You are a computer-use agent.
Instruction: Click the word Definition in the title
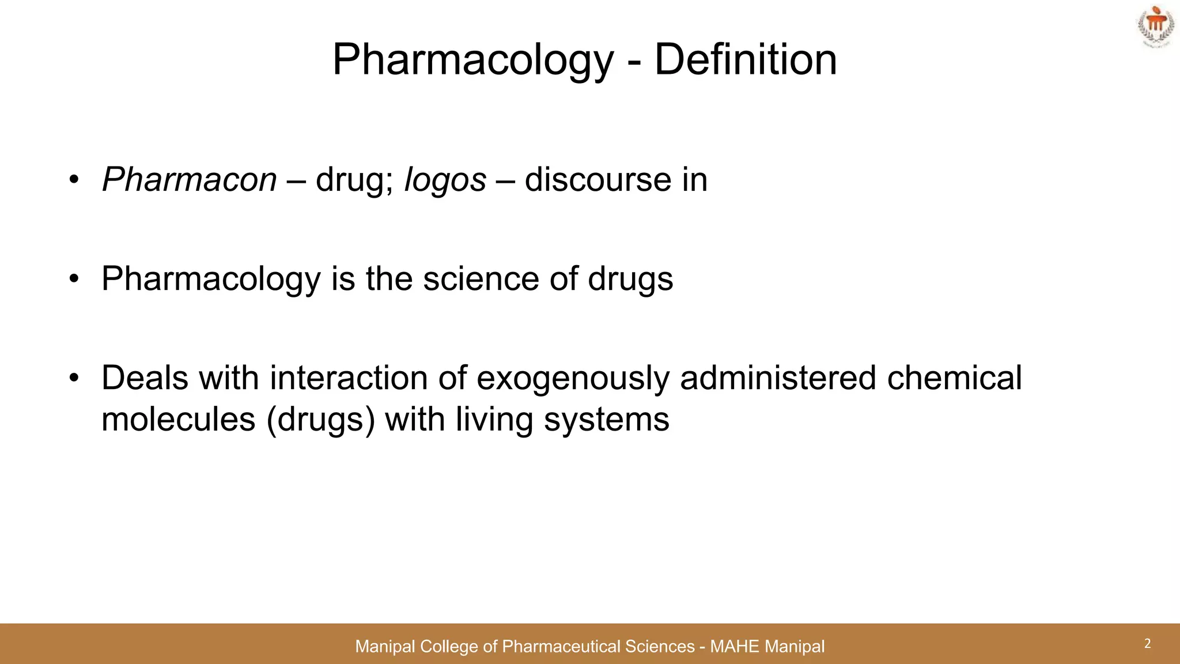(x=745, y=59)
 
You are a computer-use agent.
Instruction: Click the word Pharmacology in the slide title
(x=473, y=61)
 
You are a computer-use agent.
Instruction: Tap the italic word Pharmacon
(x=190, y=180)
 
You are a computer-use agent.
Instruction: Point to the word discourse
(x=598, y=180)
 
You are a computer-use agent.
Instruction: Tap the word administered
(x=778, y=378)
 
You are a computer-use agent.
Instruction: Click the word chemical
(x=954, y=378)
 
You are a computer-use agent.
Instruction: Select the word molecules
(x=178, y=419)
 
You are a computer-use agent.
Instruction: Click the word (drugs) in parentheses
(x=321, y=420)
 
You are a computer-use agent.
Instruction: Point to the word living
(x=494, y=420)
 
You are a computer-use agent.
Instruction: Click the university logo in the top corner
(x=1154, y=27)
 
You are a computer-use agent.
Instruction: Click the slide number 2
(x=1147, y=644)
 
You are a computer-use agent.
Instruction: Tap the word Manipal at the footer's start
(x=384, y=647)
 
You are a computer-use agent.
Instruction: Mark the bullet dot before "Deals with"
(x=73, y=379)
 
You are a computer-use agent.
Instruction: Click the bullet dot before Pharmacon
(x=73, y=180)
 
